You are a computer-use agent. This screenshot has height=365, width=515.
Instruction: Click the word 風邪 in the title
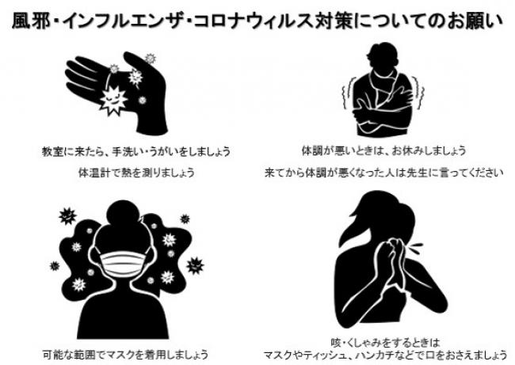tap(31, 21)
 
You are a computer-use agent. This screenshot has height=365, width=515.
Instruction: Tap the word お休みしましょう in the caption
tap(429, 150)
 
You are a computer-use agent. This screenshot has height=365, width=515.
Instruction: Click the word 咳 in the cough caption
tap(336, 343)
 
